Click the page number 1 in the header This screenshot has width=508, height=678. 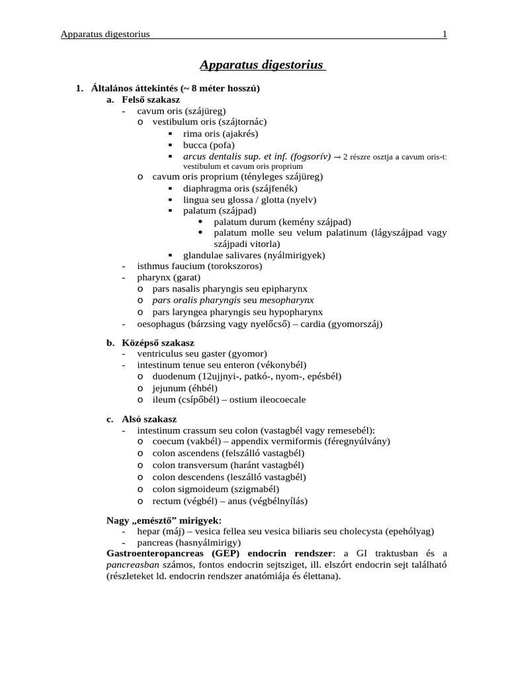[x=444, y=34]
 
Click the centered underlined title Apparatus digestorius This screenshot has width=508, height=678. [x=262, y=65]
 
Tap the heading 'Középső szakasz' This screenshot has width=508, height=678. [x=158, y=343]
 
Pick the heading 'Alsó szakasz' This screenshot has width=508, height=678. [x=149, y=420]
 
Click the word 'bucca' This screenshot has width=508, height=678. [x=195, y=144]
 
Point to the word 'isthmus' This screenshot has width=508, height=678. [x=153, y=266]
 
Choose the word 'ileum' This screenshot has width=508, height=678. [x=163, y=399]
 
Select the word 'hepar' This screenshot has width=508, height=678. [x=149, y=531]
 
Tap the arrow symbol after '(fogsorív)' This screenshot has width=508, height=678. [x=337, y=157]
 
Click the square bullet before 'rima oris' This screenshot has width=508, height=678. [x=170, y=133]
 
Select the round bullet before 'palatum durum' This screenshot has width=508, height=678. [x=200, y=222]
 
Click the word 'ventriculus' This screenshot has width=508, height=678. [x=161, y=354]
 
